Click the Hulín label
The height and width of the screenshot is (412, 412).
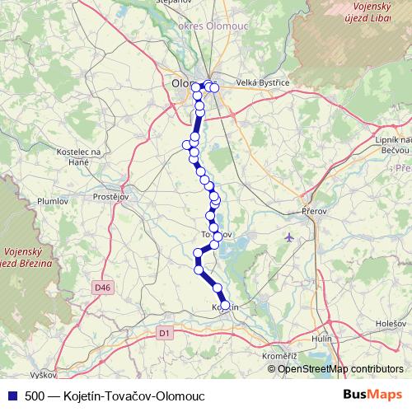click(322, 339)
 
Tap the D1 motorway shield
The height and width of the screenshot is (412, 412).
click(163, 332)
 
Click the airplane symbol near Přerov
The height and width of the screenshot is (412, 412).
click(288, 237)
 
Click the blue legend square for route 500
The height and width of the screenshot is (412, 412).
click(12, 396)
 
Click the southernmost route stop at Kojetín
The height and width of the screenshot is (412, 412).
click(225, 305)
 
